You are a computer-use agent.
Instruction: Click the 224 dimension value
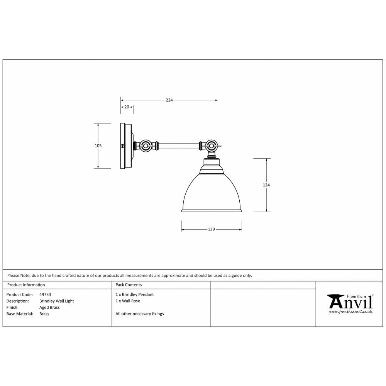(169, 100)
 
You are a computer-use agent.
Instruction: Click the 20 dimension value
(127, 107)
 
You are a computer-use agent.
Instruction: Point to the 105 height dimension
(98, 146)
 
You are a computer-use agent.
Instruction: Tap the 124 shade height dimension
(266, 185)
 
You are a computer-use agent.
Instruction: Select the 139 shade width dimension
(211, 229)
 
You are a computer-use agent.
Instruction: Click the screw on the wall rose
(123, 146)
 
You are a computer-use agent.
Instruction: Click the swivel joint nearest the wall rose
(146, 146)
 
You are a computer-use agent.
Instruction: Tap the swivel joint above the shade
(211, 146)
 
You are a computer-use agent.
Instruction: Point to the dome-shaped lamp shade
(211, 193)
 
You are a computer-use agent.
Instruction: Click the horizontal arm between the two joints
(178, 146)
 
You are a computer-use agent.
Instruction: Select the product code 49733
(45, 295)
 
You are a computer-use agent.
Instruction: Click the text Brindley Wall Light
(56, 301)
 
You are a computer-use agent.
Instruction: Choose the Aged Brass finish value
(49, 308)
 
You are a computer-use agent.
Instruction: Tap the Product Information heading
(26, 285)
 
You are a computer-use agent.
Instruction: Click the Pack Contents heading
(129, 285)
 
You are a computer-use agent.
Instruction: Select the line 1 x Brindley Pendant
(134, 295)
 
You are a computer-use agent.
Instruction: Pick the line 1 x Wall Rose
(128, 301)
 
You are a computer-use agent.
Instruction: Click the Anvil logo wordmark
(350, 301)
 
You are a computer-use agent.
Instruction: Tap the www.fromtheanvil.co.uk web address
(350, 312)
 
